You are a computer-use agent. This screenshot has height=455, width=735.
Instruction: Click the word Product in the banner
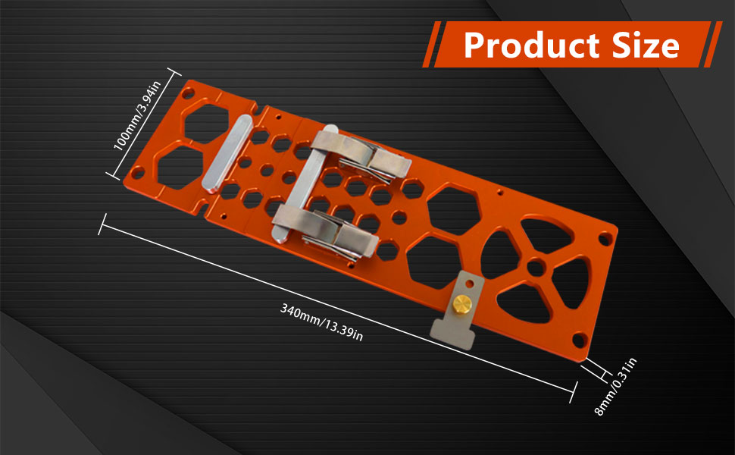tap(532, 45)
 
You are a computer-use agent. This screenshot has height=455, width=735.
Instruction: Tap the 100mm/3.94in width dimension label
tap(137, 115)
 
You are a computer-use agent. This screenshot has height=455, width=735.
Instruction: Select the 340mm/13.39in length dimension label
tap(321, 322)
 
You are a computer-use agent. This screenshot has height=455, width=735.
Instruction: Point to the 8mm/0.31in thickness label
tap(615, 387)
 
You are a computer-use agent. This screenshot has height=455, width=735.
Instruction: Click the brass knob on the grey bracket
tap(461, 305)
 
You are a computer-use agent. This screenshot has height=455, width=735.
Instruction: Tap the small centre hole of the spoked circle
tap(536, 268)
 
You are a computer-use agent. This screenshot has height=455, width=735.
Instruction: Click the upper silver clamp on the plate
tap(361, 155)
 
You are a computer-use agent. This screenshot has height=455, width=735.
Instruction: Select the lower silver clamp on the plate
tap(325, 233)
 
